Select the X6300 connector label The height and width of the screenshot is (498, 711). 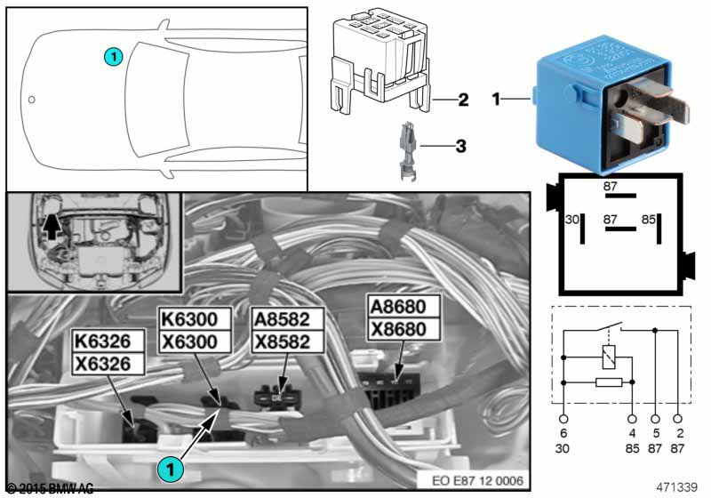coord(195,341)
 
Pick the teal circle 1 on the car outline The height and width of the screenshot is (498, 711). coord(112,56)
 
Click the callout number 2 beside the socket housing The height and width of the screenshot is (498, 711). coord(463,100)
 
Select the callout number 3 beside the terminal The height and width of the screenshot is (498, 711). coord(460,144)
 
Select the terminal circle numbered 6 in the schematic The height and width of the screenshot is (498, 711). coord(563,419)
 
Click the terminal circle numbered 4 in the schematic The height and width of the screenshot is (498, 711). coord(632,419)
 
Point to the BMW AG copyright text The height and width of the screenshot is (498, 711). coord(50,489)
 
